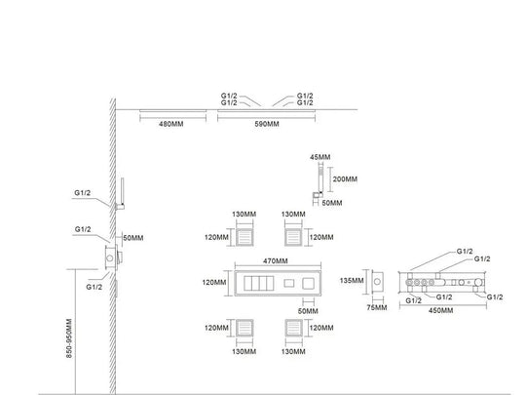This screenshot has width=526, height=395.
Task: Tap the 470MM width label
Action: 277,261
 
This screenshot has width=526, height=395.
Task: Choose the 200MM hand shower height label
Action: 345,180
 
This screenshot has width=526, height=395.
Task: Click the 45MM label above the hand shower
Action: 319,156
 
